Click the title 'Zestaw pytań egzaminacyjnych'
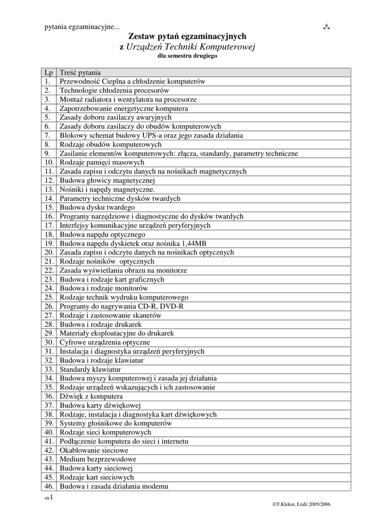click(x=187, y=36)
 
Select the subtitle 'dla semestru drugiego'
click(x=187, y=55)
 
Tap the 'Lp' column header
click(x=49, y=72)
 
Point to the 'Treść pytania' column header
click(x=80, y=72)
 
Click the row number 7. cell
click(x=47, y=136)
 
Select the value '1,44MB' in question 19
click(x=194, y=243)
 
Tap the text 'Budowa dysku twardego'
click(x=97, y=208)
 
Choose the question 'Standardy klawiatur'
click(x=90, y=369)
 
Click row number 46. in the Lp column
click(x=49, y=486)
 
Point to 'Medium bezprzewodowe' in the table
click(x=98, y=459)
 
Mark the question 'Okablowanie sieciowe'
click(x=94, y=450)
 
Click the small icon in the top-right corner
click(x=327, y=26)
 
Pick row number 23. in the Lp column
click(x=49, y=279)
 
